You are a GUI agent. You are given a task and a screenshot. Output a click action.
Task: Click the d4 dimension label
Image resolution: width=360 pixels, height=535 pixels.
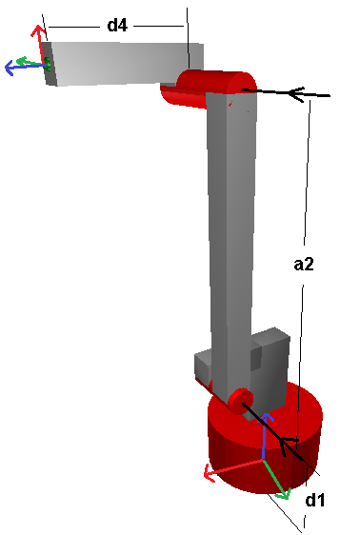(x=117, y=26)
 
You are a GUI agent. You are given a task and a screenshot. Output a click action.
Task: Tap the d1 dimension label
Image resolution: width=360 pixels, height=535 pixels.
(x=315, y=499)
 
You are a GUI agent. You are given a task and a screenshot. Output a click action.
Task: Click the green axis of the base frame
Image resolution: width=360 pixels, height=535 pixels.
(x=278, y=480)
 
